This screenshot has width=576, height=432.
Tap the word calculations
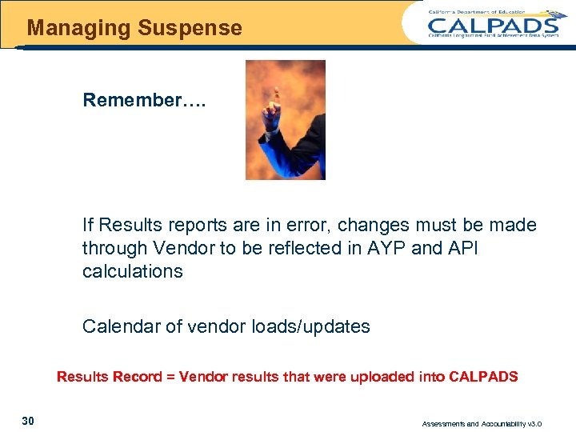click(x=132, y=271)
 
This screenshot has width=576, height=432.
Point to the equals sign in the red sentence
click(x=170, y=376)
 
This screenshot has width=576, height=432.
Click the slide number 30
click(x=28, y=421)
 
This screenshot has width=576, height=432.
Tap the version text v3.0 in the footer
click(x=554, y=424)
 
